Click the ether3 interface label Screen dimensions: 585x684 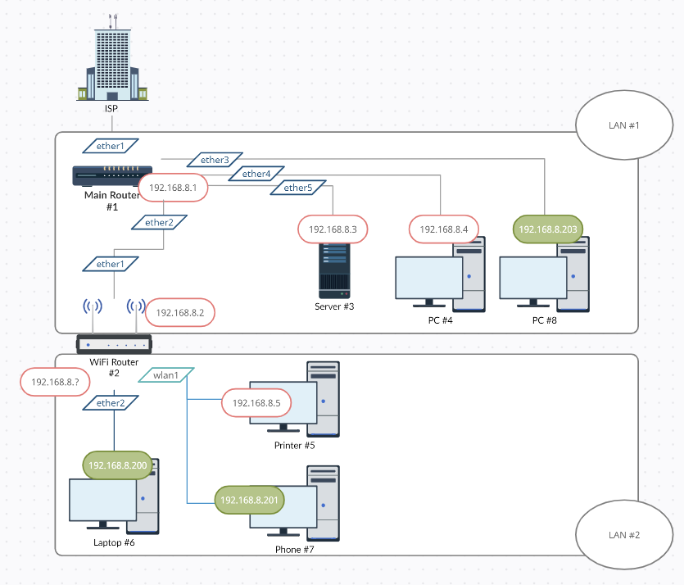[215, 160]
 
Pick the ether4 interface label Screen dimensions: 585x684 [256, 174]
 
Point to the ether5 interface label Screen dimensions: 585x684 [298, 188]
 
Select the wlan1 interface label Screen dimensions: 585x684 [167, 375]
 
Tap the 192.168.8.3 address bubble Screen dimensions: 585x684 [333, 229]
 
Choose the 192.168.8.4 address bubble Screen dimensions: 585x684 [443, 229]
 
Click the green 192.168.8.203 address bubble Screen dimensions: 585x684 [548, 229]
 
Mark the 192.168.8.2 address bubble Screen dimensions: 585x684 [179, 312]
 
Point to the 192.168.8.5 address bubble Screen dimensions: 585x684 [256, 403]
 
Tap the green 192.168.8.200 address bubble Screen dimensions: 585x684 [117, 465]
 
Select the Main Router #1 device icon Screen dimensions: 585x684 [106, 175]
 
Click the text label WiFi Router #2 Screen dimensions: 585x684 [114, 366]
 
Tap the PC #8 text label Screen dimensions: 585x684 [544, 320]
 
